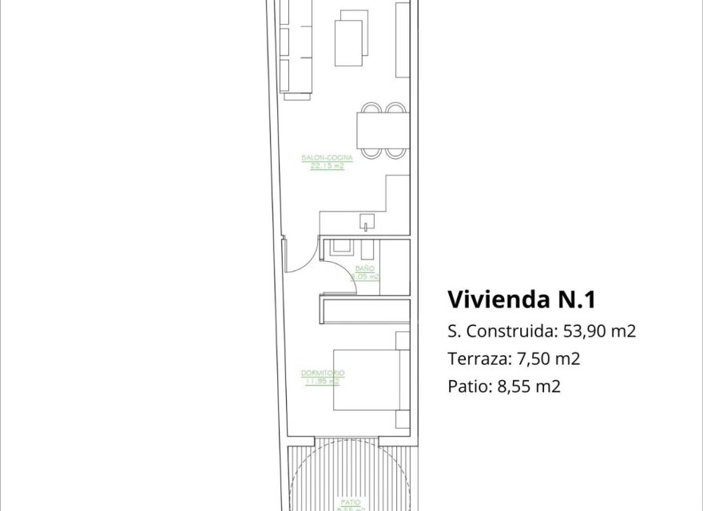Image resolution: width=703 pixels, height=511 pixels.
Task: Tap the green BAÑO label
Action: [x=364, y=270]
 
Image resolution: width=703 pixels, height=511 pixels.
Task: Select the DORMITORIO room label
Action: [x=323, y=374]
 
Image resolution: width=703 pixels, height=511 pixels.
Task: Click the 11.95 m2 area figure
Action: [x=323, y=381]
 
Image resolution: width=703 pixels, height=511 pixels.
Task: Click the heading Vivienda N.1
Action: [x=521, y=299]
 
